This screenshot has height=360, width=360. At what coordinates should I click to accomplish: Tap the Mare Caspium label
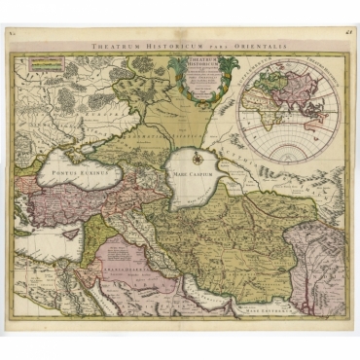pos(193,172)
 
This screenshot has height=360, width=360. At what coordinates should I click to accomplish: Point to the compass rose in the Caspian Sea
pos(193,155)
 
